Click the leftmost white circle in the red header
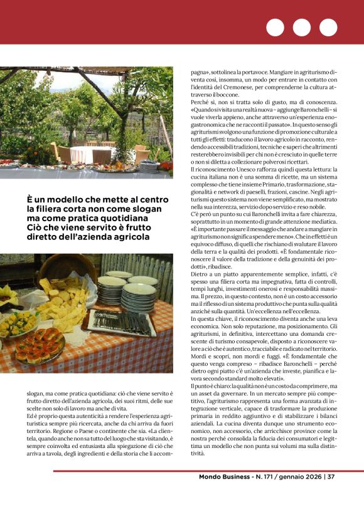pyautogui.click(x=276, y=28)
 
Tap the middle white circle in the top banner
pyautogui.click(x=302, y=28)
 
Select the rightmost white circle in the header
pyautogui.click(x=328, y=28)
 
